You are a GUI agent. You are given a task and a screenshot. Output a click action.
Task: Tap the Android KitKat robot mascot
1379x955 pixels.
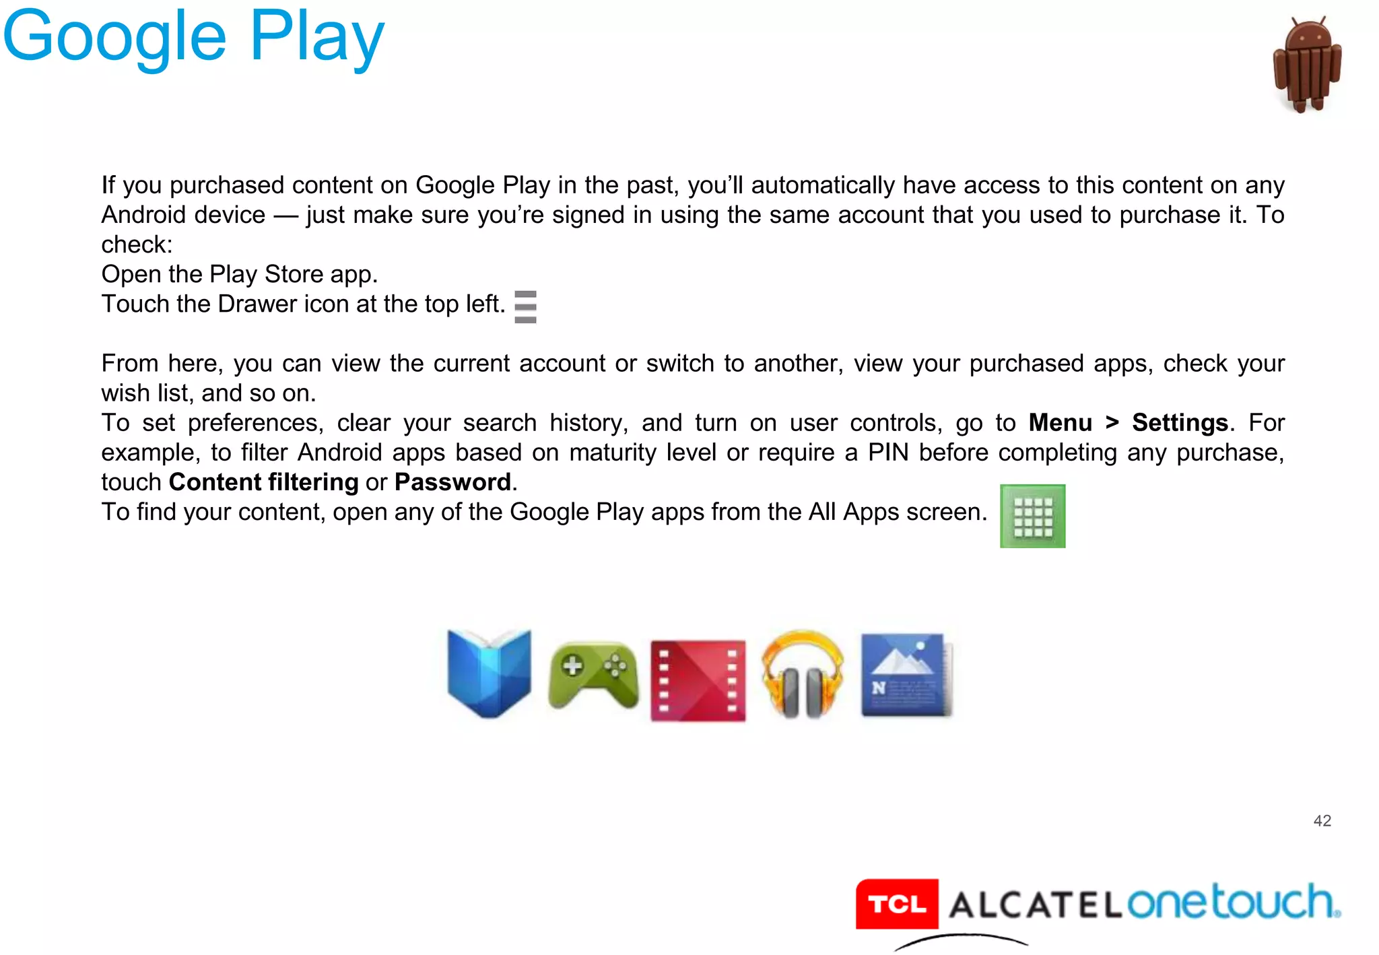point(1307,65)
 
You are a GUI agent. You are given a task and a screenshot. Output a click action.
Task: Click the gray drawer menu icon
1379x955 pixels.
point(525,306)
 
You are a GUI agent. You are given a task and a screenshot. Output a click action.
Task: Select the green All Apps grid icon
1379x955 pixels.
point(1032,516)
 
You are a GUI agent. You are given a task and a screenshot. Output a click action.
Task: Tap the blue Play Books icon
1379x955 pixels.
point(489,673)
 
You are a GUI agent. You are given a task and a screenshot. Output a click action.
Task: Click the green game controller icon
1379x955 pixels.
point(593,676)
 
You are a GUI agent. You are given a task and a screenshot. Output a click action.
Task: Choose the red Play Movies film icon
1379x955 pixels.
point(698,680)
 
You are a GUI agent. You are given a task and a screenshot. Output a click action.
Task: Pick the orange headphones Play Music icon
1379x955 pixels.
point(802,675)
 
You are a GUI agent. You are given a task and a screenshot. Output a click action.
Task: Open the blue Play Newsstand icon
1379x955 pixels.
point(906,675)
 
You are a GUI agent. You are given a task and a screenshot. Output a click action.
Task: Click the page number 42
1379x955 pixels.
point(1322,820)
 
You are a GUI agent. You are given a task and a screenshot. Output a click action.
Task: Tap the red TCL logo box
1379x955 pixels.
point(897,904)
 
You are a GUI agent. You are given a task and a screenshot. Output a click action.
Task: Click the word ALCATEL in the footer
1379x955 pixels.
point(1035,904)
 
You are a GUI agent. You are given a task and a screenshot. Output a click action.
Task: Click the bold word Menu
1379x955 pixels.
point(1060,423)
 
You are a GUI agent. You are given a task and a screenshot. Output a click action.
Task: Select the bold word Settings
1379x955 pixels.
point(1180,423)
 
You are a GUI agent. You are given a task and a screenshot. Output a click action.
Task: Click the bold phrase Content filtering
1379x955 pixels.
point(263,482)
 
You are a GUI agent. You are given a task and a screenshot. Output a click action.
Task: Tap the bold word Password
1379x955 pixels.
point(452,482)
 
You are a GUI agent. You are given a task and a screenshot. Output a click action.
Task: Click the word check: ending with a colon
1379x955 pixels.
point(137,244)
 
